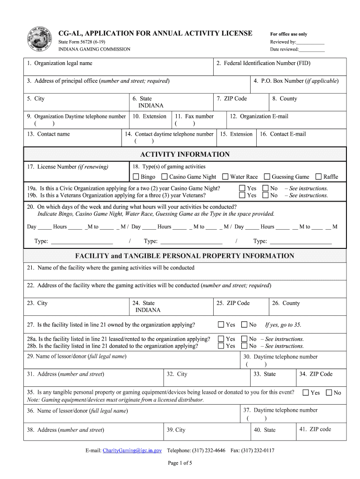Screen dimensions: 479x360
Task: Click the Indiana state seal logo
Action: [40, 40]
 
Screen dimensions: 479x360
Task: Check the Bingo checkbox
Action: [136, 177]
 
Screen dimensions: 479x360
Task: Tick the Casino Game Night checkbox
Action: [165, 177]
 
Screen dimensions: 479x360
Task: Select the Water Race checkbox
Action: [225, 177]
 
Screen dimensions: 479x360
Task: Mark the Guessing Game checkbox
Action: [267, 177]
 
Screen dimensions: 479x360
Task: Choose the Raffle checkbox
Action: [318, 177]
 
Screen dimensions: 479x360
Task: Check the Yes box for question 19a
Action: [242, 189]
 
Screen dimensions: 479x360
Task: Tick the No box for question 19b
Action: [266, 196]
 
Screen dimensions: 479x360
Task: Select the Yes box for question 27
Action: [221, 325]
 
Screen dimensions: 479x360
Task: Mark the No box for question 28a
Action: [244, 339]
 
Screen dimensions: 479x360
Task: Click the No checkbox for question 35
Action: [329, 393]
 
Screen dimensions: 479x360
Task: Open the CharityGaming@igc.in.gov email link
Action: [132, 450]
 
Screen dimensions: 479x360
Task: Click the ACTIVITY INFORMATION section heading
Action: [185, 154]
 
